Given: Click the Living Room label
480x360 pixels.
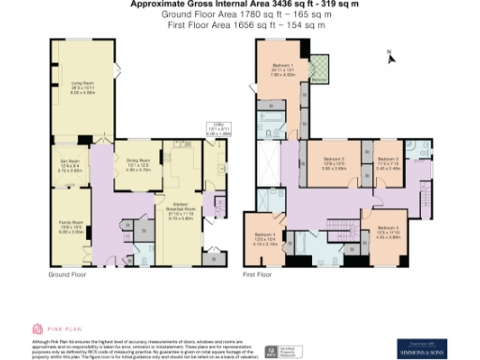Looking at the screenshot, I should pyautogui.click(x=79, y=85).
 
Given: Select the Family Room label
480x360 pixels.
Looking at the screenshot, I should pyautogui.click(x=71, y=228).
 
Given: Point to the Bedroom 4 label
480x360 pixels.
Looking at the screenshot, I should pyautogui.click(x=265, y=240).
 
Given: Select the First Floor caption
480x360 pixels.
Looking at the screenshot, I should pyautogui.click(x=256, y=276).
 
